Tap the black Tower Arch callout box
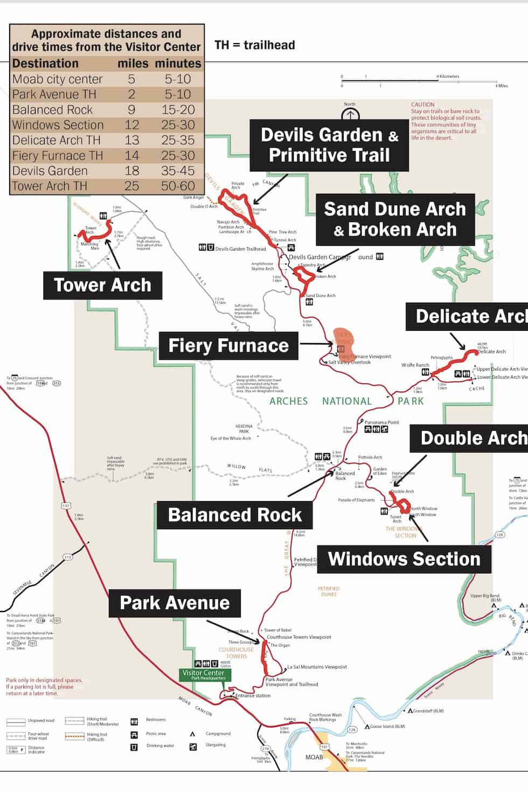pos(103,285)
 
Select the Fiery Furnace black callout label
pos(228,345)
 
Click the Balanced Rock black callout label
pos(234,515)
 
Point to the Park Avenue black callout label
pos(175,603)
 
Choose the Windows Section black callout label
pos(404,559)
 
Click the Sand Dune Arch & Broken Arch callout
pos(394,219)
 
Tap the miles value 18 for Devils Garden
pos(132,171)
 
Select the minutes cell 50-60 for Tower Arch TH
pos(178,186)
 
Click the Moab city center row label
pos(58,79)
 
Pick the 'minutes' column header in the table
pos(178,64)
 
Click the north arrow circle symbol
pos(350,115)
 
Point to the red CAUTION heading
pos(422,105)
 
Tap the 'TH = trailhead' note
pos(254,45)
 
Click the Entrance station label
pos(253,696)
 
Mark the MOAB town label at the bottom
pos(314,757)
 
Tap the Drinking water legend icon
pos(134,747)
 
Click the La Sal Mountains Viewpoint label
pos(317,667)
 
